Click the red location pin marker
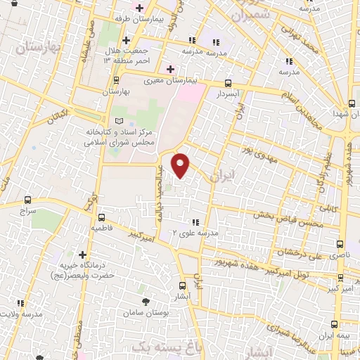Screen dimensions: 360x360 point(181,165)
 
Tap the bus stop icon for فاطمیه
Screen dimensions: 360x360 point(102,217)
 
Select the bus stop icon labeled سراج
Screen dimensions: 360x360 point(27,199)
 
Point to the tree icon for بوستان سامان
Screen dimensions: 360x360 point(146,301)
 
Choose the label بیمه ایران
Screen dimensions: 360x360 point(334,336)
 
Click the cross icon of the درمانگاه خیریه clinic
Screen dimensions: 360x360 point(83,255)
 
